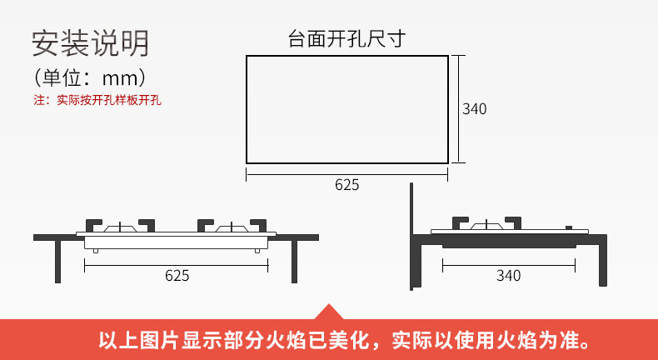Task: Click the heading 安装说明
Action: click(90, 42)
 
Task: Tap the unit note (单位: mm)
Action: click(90, 78)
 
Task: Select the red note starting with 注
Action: click(97, 101)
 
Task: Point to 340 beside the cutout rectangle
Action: click(474, 109)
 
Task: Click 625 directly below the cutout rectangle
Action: click(346, 185)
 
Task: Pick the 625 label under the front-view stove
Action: click(177, 276)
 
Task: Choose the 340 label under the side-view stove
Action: click(508, 276)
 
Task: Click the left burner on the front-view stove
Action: click(123, 227)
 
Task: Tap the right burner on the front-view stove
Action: click(232, 227)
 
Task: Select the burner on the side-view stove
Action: click(487, 225)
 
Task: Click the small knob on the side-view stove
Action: click(571, 227)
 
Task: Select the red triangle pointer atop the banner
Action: click(327, 312)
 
